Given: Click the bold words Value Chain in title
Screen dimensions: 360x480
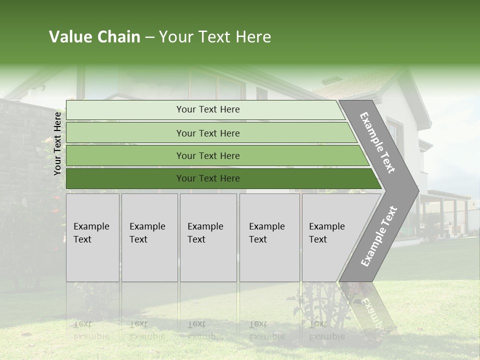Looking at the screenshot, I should [x=94, y=37].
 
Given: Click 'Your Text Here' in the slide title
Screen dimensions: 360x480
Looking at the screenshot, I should [x=215, y=37].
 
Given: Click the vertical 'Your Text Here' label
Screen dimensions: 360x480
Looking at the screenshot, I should [x=57, y=143].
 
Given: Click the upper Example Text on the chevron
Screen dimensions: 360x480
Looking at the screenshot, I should [x=377, y=142].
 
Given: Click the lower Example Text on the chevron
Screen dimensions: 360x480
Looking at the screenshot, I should [x=378, y=236].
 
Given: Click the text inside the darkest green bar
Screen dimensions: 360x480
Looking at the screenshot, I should [x=208, y=178].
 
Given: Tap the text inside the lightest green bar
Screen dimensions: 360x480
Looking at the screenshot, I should [x=208, y=109].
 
